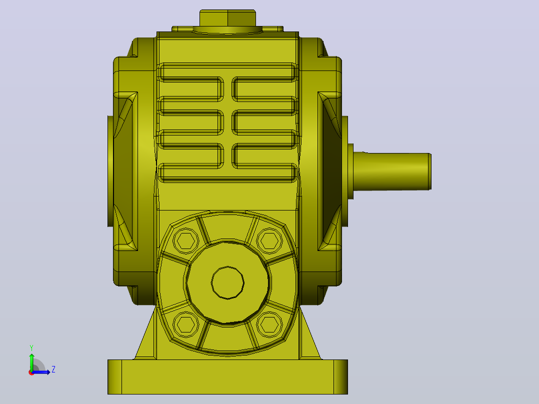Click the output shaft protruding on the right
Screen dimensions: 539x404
point(392,171)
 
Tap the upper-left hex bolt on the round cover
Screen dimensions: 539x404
point(186,240)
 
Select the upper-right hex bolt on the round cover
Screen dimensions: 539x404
point(269,240)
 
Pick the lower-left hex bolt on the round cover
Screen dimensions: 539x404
point(186,324)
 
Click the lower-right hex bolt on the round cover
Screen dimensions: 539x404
point(269,324)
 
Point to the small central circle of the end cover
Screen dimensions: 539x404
point(227,282)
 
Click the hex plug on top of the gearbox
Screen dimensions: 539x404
point(227,18)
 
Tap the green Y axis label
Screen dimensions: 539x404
point(31,348)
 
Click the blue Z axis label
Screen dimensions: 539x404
point(53,369)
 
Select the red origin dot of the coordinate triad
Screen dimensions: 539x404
point(31,372)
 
